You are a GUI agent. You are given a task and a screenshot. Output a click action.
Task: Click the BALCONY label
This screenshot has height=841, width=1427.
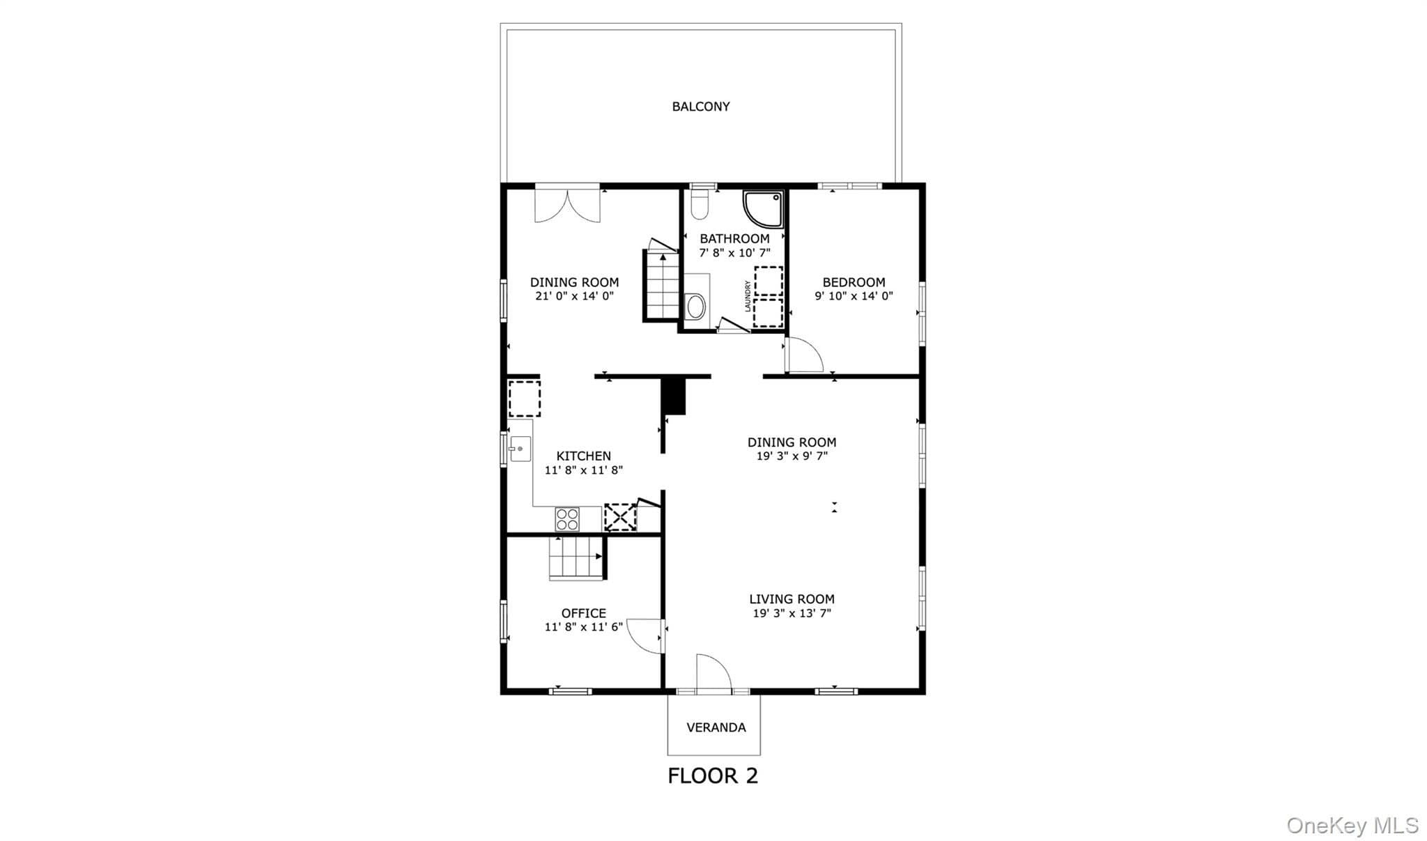click(x=700, y=107)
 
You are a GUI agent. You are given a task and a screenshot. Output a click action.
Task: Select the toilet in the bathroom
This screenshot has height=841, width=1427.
click(x=700, y=206)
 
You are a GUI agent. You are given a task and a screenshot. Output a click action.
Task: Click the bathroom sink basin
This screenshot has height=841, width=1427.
click(x=695, y=306)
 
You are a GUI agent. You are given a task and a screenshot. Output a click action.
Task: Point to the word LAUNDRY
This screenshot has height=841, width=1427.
click(x=748, y=295)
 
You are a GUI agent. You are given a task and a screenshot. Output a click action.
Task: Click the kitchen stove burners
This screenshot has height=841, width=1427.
click(x=567, y=519)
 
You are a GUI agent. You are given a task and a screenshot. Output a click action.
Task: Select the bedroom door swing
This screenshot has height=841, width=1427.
click(x=804, y=355)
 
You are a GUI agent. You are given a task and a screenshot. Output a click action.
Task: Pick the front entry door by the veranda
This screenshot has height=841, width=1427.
click(x=713, y=673)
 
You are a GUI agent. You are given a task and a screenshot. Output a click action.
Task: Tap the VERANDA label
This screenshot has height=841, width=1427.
click(x=716, y=727)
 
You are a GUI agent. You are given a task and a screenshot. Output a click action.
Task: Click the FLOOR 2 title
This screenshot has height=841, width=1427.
click(x=713, y=776)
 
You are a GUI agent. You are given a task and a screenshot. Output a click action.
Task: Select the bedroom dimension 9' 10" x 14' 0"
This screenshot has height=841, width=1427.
click(x=854, y=295)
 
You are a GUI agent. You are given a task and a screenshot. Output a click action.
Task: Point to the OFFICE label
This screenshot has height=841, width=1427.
click(x=583, y=613)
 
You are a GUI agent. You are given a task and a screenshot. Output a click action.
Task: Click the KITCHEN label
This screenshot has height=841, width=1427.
click(x=583, y=456)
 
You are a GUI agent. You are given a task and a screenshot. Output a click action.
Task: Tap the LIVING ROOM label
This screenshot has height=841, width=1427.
click(x=792, y=599)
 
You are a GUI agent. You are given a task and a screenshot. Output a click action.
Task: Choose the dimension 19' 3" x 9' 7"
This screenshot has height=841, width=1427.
click(x=792, y=456)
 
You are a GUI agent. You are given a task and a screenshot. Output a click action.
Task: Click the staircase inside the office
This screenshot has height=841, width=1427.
click(x=576, y=557)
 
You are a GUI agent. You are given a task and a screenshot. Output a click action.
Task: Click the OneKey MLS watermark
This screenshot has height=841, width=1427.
click(x=1352, y=826)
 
